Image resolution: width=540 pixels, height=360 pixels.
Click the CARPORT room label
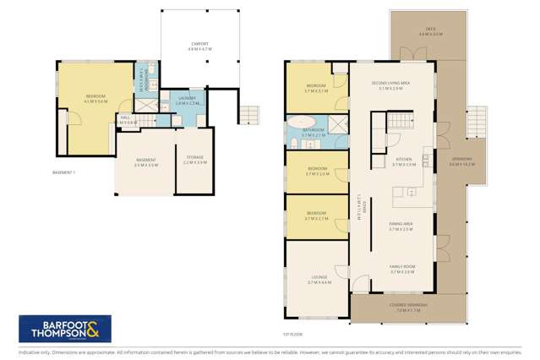(202, 45)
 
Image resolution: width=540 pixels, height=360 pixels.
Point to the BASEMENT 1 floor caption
(64, 173)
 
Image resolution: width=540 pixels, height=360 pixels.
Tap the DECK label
(431, 30)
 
